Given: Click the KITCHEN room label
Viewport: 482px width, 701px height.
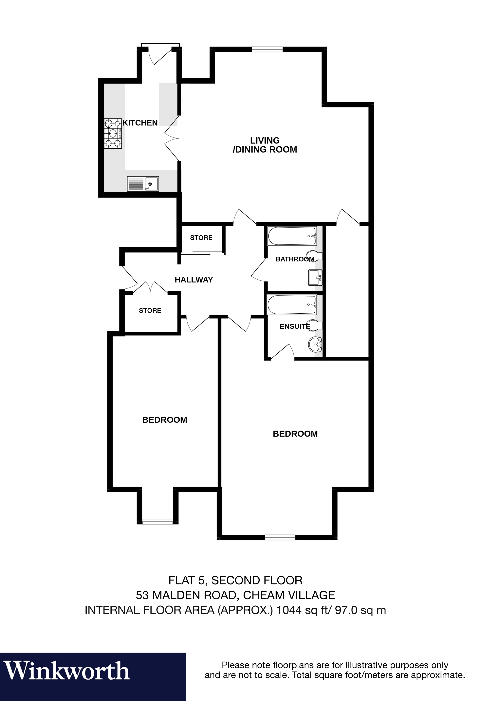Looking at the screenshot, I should pos(140,123).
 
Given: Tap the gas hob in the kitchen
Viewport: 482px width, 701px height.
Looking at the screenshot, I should pos(113,133).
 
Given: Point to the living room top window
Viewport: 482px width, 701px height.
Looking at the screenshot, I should pos(267,49).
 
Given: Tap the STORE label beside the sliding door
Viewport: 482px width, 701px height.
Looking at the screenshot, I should pos(201,238).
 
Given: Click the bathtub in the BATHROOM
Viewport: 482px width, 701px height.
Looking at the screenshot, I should pos(292,236).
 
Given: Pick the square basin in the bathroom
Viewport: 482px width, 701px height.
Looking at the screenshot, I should pos(315,277).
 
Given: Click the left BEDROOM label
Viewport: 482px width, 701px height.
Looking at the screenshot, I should pos(165,420).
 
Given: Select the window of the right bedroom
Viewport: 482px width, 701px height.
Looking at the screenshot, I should pos(280,537).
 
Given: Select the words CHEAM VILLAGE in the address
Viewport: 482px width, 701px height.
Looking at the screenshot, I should pos(289,595).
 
